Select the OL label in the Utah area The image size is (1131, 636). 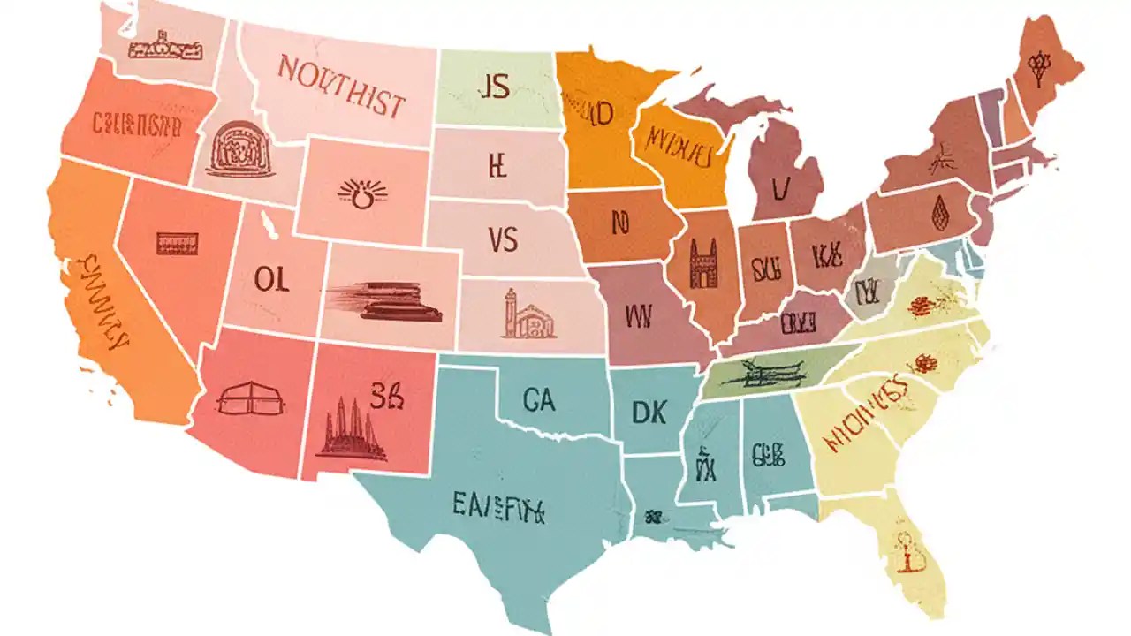(x=271, y=279)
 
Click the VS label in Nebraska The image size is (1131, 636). (x=502, y=239)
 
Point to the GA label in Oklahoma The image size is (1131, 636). (x=538, y=400)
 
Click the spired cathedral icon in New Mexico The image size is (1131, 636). (x=351, y=428)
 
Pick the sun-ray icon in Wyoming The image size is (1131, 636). (x=362, y=193)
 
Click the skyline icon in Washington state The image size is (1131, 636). (x=159, y=43)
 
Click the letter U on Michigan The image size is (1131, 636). (x=778, y=187)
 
